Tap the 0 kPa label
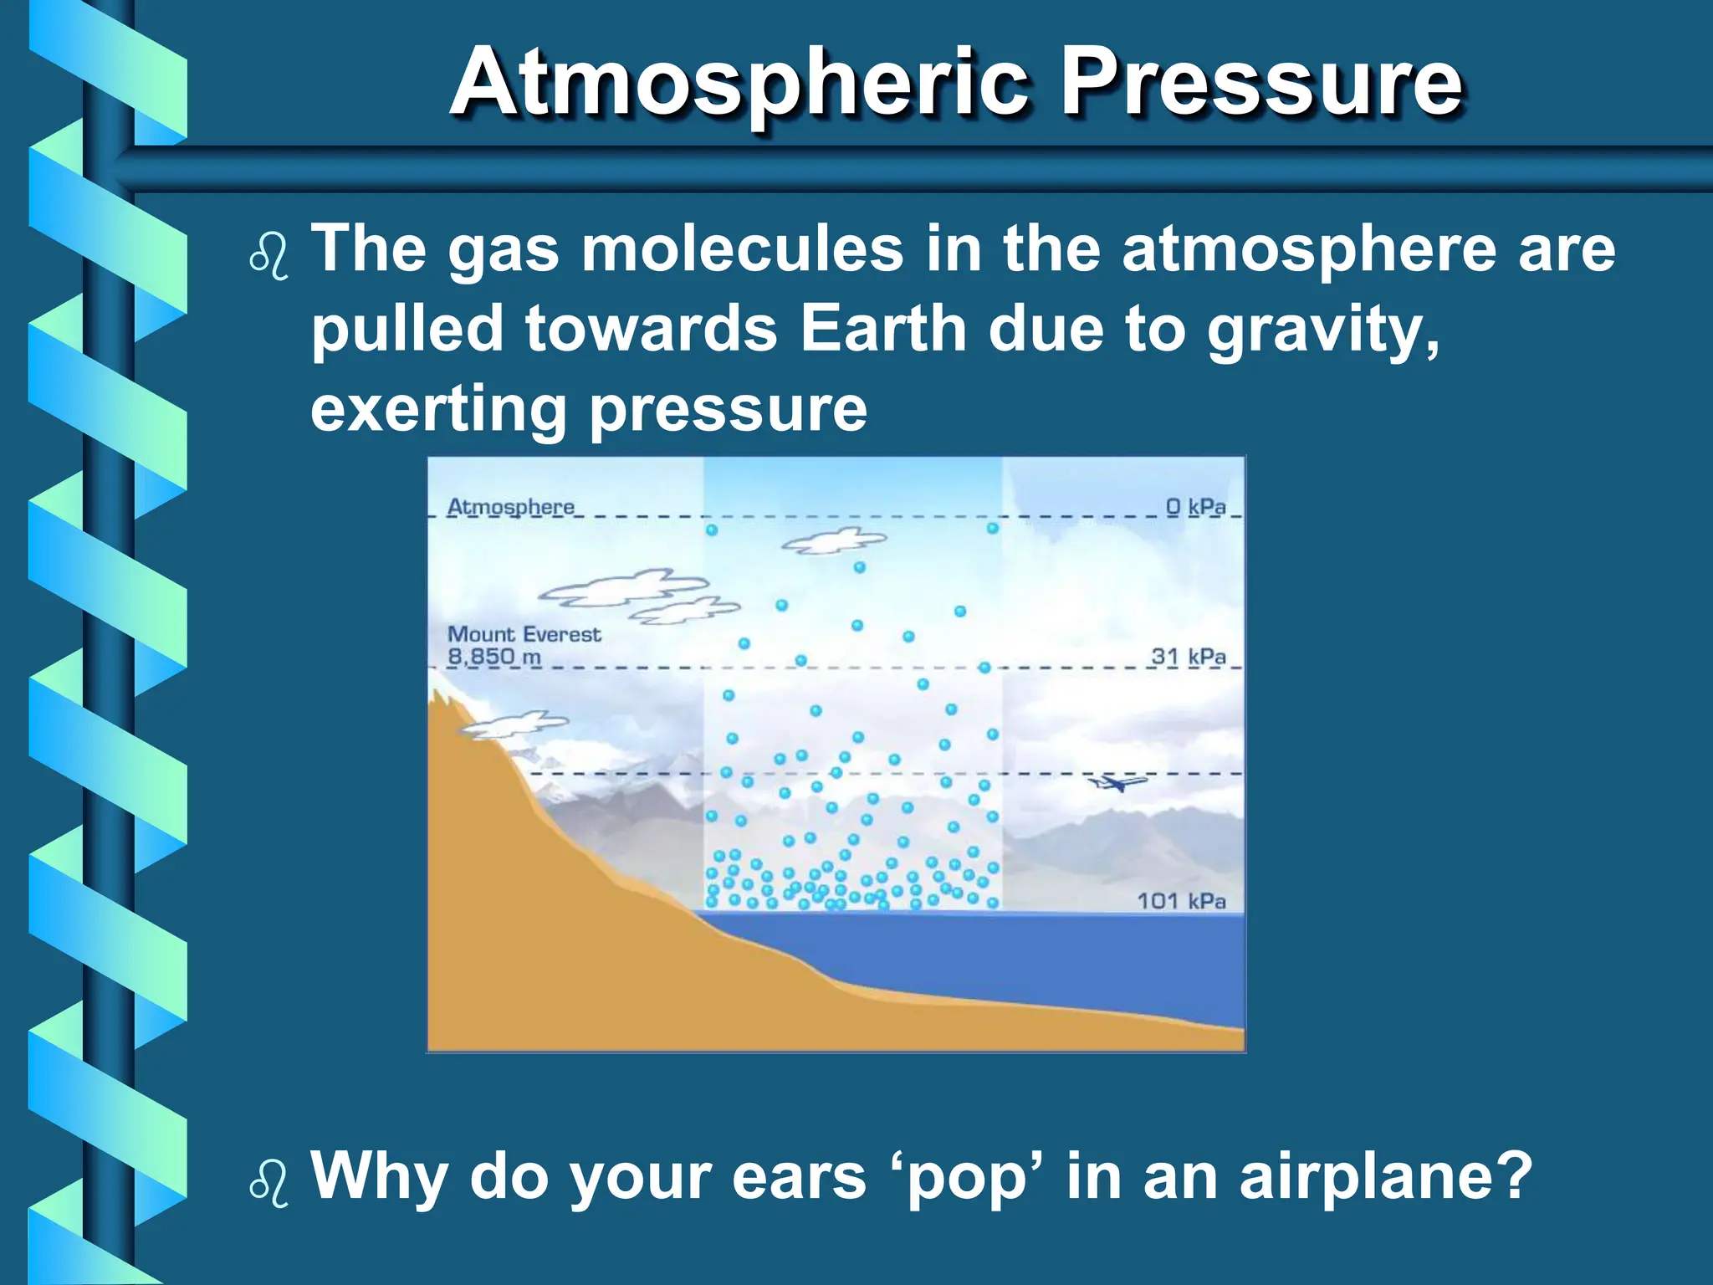click(1195, 507)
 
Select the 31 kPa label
click(1188, 657)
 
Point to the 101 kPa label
click(1180, 901)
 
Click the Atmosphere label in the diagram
click(511, 507)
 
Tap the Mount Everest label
click(524, 634)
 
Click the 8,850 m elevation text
click(493, 657)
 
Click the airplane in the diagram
click(1117, 783)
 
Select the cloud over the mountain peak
click(513, 724)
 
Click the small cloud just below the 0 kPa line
click(833, 541)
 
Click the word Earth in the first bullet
click(882, 328)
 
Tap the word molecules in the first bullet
click(742, 249)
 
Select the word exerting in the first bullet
click(438, 410)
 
